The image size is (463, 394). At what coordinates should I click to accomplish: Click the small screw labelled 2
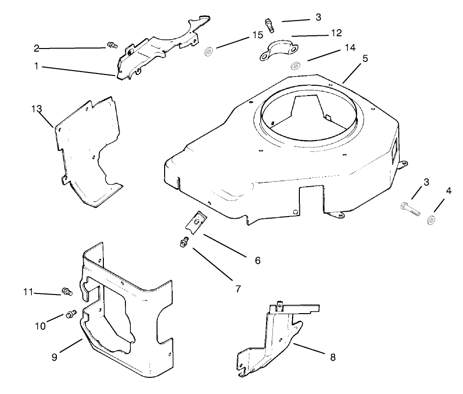tap(112, 46)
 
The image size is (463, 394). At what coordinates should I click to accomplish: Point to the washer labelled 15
tap(208, 51)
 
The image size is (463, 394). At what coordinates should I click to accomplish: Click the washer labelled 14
tap(295, 66)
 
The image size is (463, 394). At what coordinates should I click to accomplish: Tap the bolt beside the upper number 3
tap(268, 24)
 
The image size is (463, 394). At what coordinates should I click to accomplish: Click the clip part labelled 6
tap(197, 222)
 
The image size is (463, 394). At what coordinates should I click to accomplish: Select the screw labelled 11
tap(67, 292)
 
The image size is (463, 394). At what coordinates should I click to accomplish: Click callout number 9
tap(54, 357)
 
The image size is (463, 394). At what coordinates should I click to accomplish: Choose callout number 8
tap(333, 357)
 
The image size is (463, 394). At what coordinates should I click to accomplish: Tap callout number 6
tap(257, 260)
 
